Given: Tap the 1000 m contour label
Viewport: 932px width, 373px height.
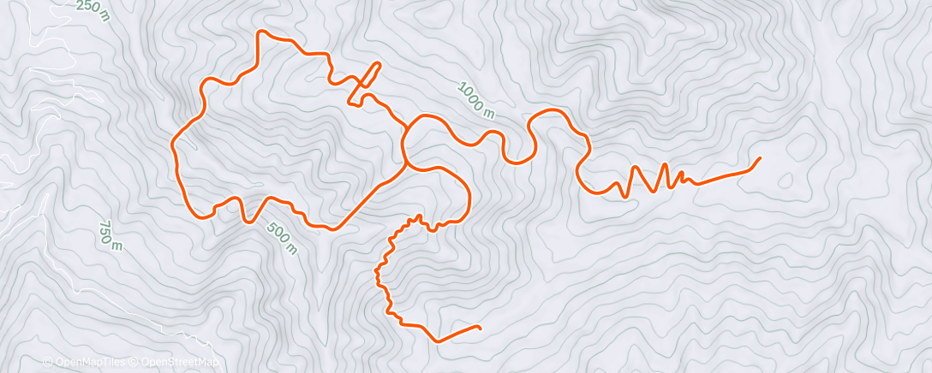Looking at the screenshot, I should [x=476, y=101].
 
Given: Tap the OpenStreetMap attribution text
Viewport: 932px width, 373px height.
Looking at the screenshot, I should [x=179, y=363].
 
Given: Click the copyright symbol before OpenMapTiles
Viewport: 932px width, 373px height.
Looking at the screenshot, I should [x=48, y=363].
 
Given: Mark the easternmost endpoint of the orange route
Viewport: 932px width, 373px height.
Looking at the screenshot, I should [x=760, y=158].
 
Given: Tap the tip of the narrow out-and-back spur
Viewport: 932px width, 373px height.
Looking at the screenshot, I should [x=377, y=64].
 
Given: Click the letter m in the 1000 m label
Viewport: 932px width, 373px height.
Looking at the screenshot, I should [x=489, y=112].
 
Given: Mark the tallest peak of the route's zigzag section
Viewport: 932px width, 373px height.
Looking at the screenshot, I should [x=665, y=164].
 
